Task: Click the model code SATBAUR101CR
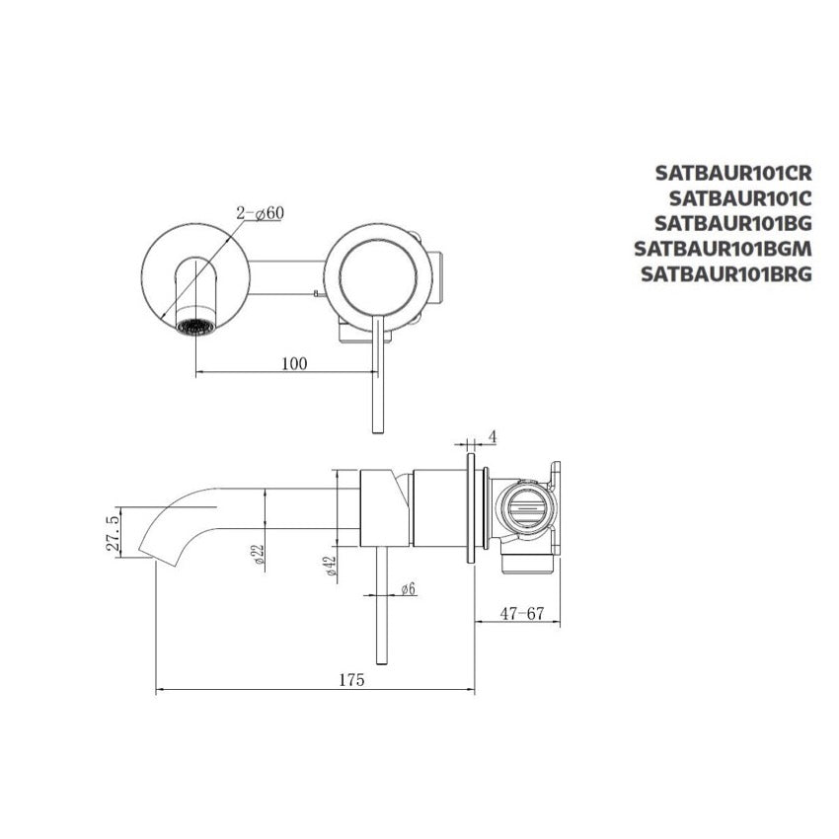(733, 173)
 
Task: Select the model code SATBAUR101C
(740, 198)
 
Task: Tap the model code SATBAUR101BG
(733, 223)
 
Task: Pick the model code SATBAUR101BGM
(723, 249)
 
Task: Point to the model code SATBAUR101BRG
(726, 274)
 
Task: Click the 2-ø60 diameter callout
(260, 213)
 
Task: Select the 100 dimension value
(294, 364)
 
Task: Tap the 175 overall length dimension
(351, 680)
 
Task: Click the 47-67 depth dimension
(522, 614)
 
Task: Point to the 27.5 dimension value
(113, 534)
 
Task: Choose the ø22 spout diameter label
(259, 555)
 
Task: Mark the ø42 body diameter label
(330, 566)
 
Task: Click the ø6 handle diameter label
(409, 589)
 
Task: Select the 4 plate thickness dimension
(493, 437)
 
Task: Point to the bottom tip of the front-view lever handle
(378, 433)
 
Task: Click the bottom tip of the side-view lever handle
(382, 664)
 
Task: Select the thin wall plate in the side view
(471, 508)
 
